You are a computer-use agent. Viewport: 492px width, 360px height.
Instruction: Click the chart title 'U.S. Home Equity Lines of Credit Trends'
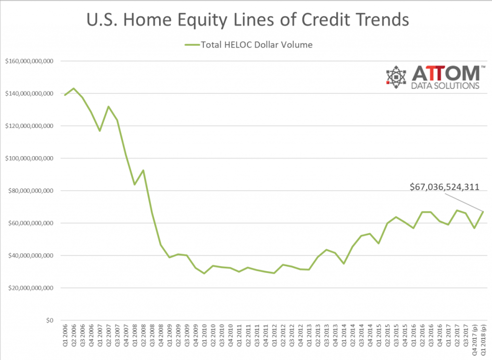click(x=247, y=19)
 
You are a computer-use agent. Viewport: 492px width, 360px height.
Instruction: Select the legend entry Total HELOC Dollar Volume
click(x=248, y=45)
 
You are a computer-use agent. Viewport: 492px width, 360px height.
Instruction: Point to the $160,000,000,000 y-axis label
click(x=29, y=61)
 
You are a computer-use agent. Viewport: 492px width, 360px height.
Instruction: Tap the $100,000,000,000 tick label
click(x=29, y=158)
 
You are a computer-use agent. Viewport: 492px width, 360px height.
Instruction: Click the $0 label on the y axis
click(x=49, y=321)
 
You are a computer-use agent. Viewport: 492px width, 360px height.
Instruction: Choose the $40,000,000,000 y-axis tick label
click(x=31, y=256)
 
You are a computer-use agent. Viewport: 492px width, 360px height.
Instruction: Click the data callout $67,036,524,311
click(x=444, y=187)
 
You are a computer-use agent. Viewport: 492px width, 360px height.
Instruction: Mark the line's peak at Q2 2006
click(x=74, y=88)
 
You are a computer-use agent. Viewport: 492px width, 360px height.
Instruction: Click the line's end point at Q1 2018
click(x=483, y=211)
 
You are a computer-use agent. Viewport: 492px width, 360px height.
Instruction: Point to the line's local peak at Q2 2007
click(x=109, y=106)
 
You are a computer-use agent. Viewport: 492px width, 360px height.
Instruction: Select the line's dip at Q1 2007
click(x=100, y=131)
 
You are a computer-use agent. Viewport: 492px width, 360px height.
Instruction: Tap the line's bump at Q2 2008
click(x=143, y=170)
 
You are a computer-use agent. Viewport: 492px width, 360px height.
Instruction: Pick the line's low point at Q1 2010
click(x=205, y=273)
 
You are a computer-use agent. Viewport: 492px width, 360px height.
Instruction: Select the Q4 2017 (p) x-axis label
click(x=474, y=339)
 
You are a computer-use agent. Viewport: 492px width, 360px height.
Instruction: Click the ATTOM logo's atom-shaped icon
click(x=396, y=77)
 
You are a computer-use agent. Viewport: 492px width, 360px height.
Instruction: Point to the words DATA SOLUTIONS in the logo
click(x=445, y=86)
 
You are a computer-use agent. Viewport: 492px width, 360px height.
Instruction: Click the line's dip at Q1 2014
click(x=344, y=264)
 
